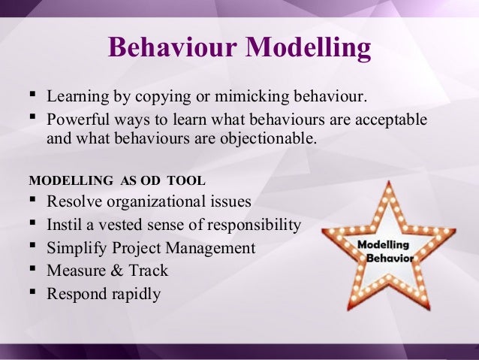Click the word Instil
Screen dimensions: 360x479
click(x=63, y=225)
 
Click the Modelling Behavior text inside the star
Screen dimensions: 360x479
click(x=384, y=251)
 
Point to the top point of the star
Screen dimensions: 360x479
click(x=384, y=183)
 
